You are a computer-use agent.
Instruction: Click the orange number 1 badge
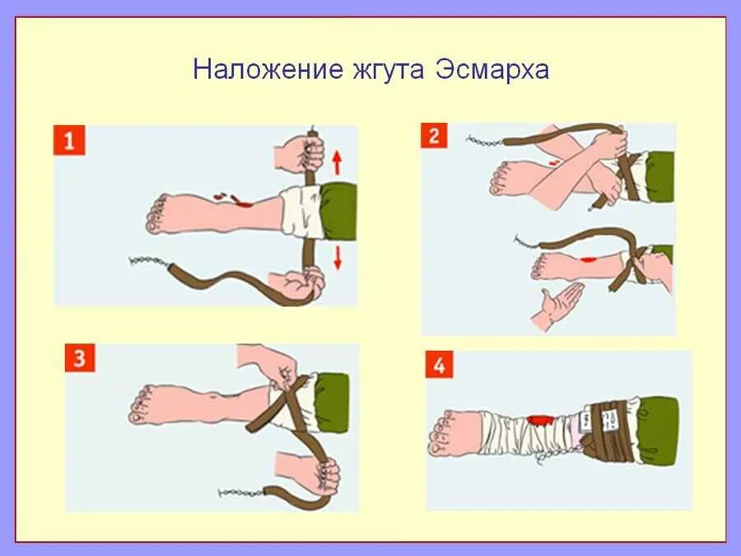coord(69,140)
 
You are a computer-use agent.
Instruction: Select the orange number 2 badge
coord(434,134)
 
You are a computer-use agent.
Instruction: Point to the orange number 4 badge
coord(439,365)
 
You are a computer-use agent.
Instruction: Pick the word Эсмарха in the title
coord(489,68)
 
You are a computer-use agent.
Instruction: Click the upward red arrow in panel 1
coord(337,157)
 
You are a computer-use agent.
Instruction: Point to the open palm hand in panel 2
coord(556,306)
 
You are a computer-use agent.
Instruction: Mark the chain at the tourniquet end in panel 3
coord(239,493)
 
